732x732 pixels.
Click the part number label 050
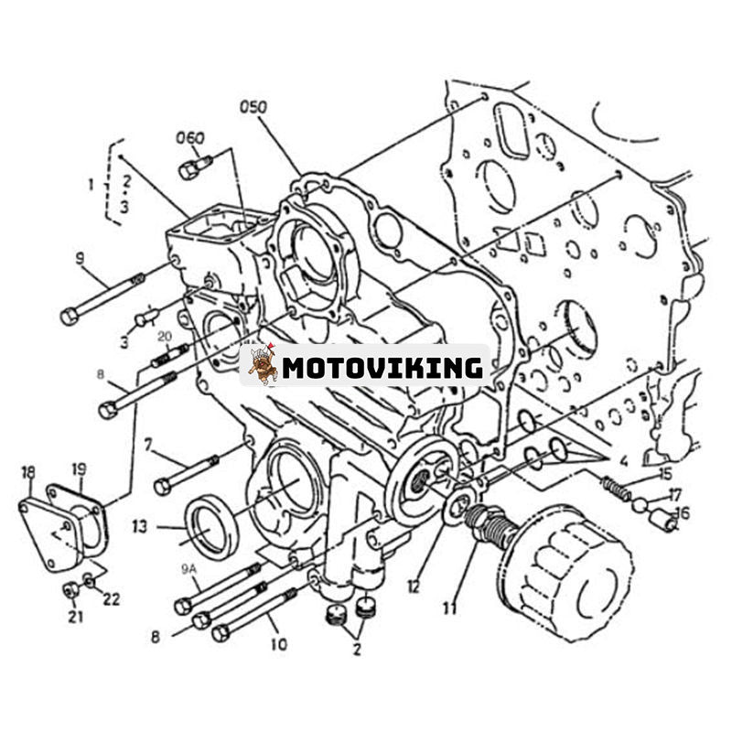(253, 107)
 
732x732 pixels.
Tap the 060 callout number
(190, 138)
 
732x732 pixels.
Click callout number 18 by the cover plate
(27, 471)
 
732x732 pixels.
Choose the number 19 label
(80, 470)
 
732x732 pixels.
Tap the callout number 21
(75, 617)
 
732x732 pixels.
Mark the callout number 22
(112, 599)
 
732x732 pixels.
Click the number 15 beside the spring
(664, 473)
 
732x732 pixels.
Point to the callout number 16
(683, 513)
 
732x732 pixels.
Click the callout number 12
(414, 587)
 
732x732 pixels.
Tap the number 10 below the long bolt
(279, 644)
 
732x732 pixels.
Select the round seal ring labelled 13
(211, 526)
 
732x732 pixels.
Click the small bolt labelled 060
(195, 167)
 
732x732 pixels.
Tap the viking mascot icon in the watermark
(263, 364)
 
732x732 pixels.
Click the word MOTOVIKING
(382, 368)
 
